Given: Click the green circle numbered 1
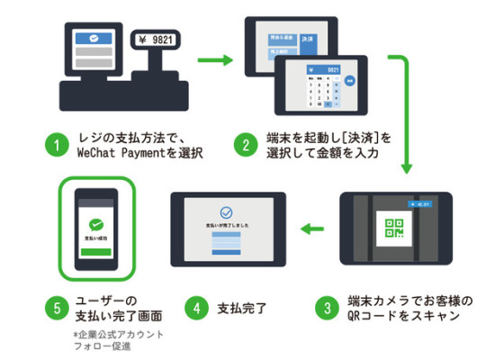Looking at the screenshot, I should point(57,145).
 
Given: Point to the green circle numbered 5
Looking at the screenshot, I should point(57,307).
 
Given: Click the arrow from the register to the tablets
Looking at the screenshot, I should point(215,62).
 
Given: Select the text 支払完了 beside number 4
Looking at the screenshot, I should point(243,307).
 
